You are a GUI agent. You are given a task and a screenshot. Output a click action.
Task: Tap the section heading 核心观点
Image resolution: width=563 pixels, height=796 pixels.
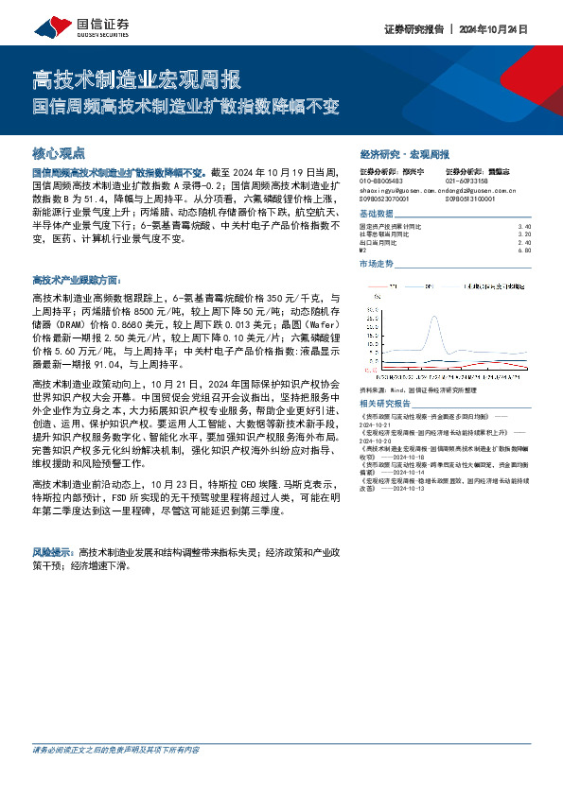pyautogui.click(x=59, y=152)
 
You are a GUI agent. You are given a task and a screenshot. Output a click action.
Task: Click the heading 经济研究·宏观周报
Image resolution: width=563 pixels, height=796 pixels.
pyautogui.click(x=404, y=153)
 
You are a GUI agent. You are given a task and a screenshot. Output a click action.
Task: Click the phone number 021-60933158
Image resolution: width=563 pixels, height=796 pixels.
pyautogui.click(x=466, y=182)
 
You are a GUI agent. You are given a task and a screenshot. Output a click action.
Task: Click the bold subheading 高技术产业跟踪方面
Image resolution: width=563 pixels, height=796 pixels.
pyautogui.click(x=77, y=281)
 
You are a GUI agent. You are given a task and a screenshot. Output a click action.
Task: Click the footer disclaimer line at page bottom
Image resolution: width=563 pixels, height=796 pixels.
pyautogui.click(x=116, y=776)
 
